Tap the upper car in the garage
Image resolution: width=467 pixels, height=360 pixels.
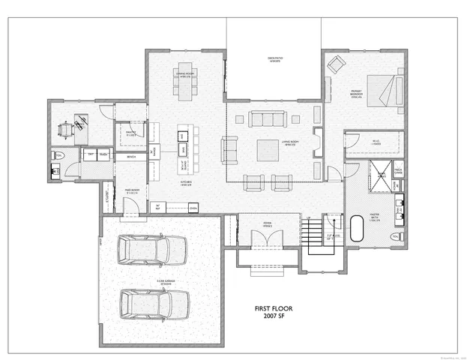point(153,248)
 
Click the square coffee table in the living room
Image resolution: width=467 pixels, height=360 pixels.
point(268,150)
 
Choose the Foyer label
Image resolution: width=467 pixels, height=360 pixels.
point(268,223)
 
